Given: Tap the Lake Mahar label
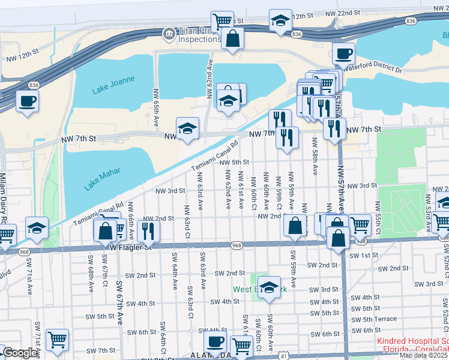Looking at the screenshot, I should coord(102,179).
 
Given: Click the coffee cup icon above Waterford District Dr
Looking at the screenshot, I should coord(343,54).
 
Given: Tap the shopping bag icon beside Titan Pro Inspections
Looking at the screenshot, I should coord(232,39).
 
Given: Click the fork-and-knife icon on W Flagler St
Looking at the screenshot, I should coord(148,230).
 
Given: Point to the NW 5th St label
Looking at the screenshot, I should coord(234,162).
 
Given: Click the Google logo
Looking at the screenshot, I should coord(20,353).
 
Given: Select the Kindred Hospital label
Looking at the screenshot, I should coord(414,341).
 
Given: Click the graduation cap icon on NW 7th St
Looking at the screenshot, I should coord(187,128).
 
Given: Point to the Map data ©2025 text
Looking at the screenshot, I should coord(423,355).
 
